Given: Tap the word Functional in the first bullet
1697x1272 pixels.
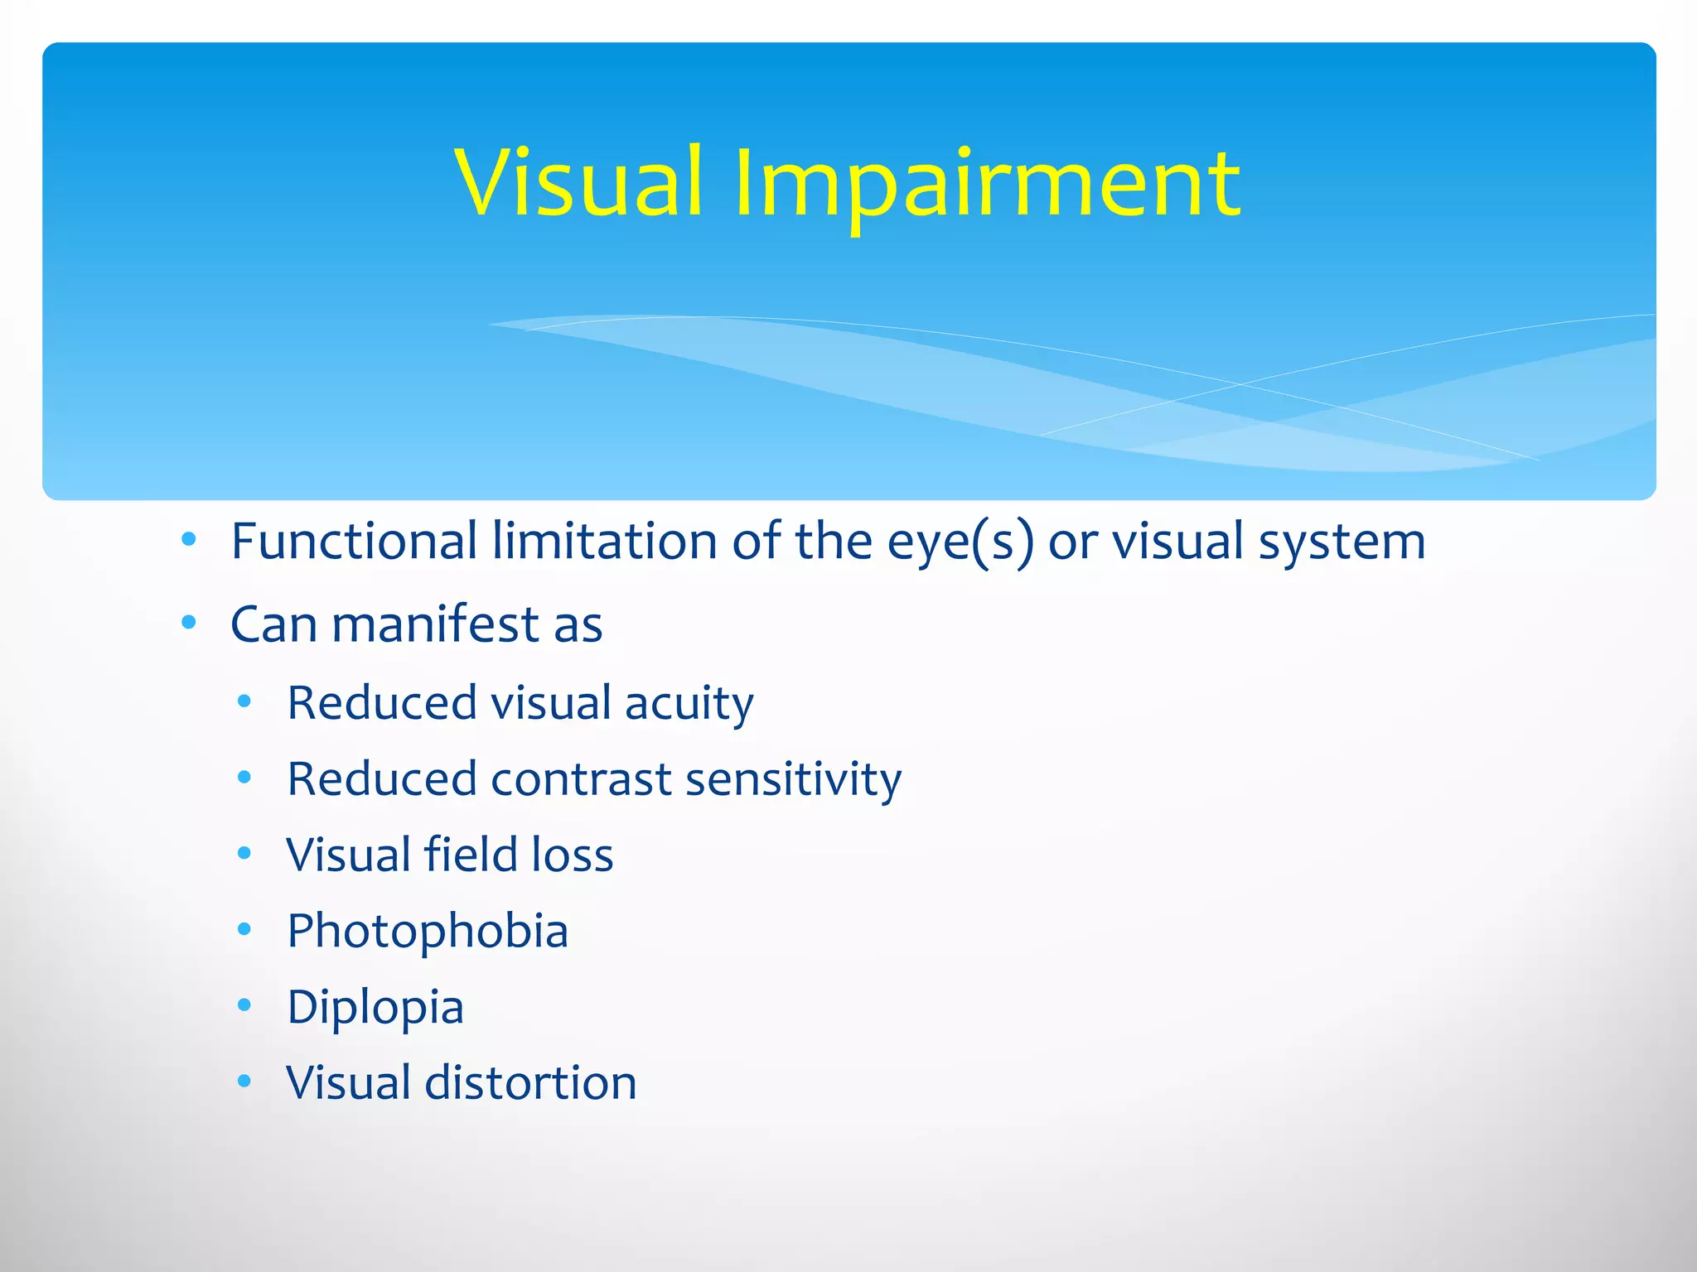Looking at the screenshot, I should (354, 542).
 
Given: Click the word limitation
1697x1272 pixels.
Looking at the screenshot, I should (605, 542).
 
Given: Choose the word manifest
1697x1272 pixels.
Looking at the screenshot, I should (435, 624).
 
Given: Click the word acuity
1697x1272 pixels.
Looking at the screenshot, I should (689, 704).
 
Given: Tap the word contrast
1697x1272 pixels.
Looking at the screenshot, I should (581, 780).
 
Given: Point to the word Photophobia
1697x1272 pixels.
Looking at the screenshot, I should (428, 932).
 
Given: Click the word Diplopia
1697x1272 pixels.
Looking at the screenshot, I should (375, 1008).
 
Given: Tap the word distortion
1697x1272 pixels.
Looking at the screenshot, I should (530, 1082).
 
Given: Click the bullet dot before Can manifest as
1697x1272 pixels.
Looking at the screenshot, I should (189, 622).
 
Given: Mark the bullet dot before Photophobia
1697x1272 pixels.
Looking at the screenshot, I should (244, 929).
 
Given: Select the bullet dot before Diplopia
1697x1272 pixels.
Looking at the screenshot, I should (244, 1005).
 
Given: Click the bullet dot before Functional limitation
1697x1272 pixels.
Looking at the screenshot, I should (189, 540).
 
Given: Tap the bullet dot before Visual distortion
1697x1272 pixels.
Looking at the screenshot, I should (244, 1081).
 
